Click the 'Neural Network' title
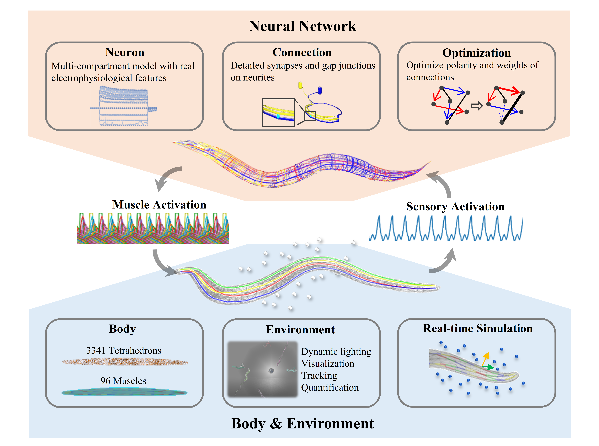pos(302,26)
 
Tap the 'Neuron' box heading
pos(125,52)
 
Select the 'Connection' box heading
pos(302,52)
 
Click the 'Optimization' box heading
pos(476,53)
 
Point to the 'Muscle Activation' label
pos(159,205)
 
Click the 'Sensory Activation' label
pos(455,207)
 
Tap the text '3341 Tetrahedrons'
pos(124,350)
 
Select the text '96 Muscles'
pos(123,381)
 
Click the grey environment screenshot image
pos(262,369)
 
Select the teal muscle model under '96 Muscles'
pos(124,392)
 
